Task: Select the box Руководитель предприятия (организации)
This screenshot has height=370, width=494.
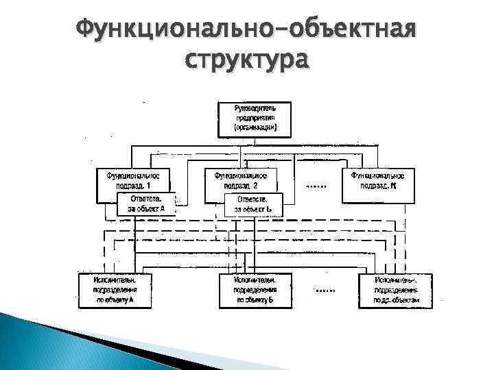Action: [253, 118]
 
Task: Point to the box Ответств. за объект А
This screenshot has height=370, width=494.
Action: [146, 203]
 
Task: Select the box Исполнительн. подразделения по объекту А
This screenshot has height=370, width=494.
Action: [115, 289]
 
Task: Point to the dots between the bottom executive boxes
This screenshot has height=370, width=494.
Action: [324, 291]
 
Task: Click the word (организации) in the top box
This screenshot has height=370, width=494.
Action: [253, 127]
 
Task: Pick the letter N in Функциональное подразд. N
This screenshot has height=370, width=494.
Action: [393, 185]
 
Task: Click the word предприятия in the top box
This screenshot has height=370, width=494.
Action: [253, 118]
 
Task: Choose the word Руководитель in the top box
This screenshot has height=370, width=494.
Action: [253, 108]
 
